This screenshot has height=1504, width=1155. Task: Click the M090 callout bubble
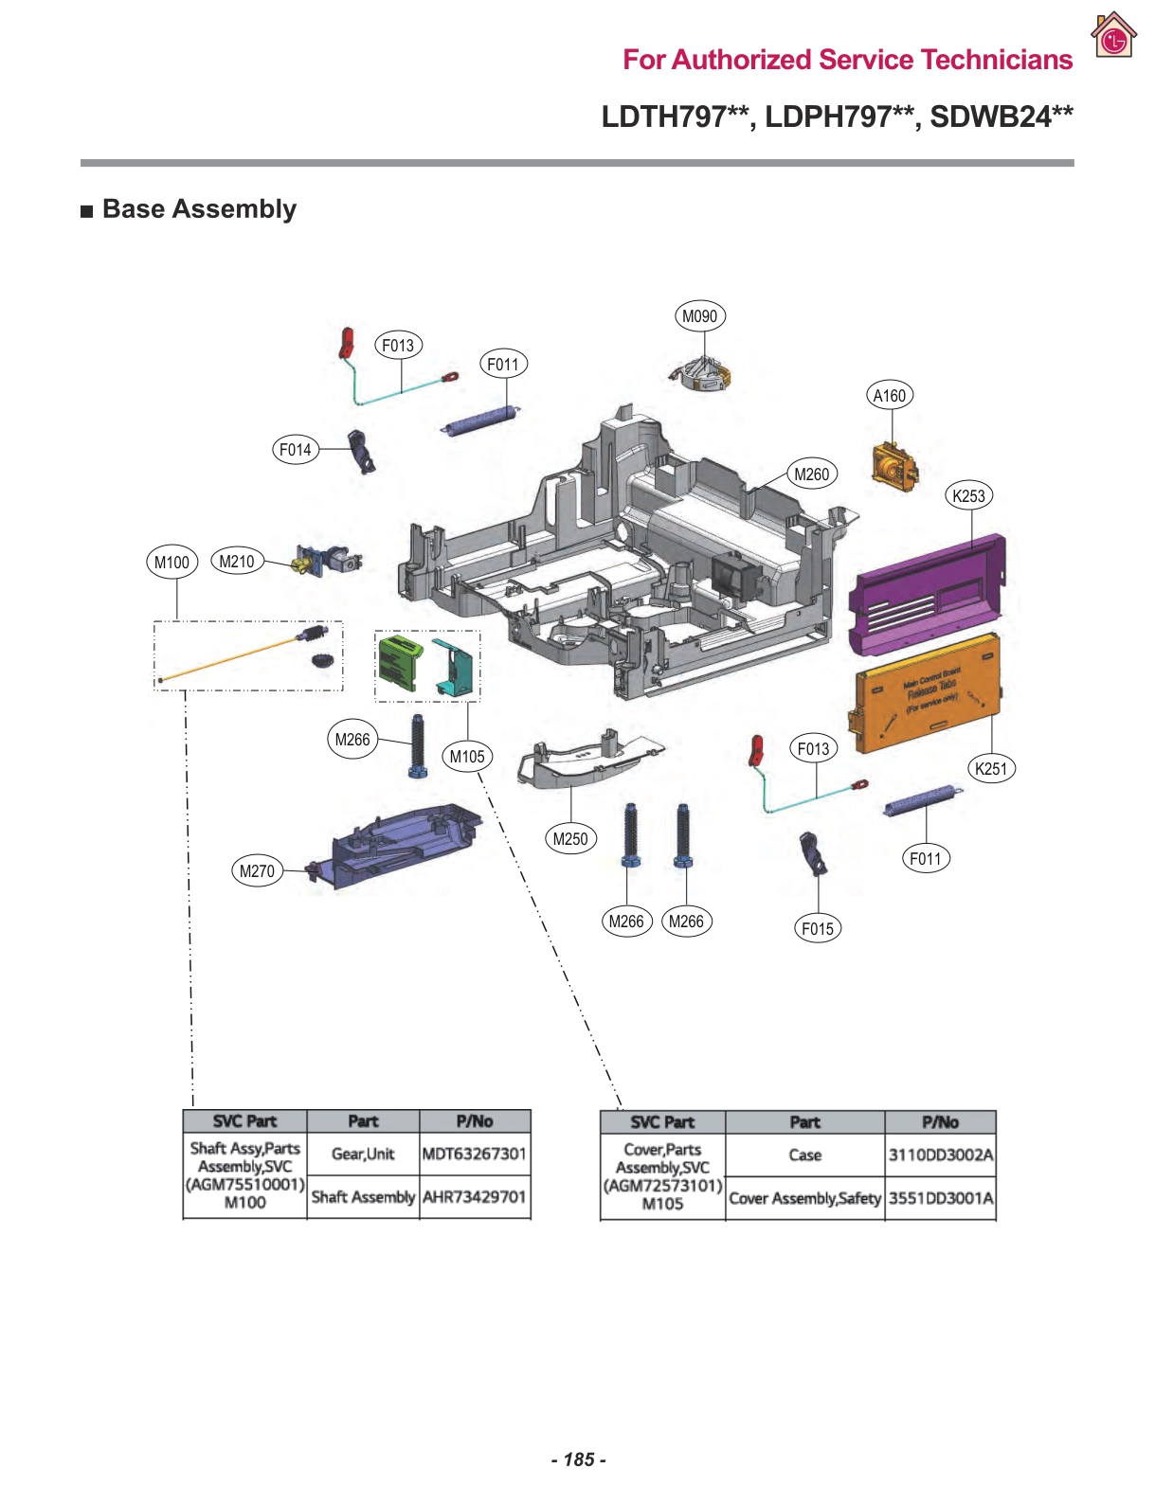click(x=699, y=316)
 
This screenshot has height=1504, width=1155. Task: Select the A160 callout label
click(x=889, y=396)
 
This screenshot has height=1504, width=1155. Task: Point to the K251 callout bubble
click(x=990, y=768)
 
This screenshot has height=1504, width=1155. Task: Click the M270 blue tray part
click(x=398, y=843)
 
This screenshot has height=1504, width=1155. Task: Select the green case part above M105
click(x=400, y=661)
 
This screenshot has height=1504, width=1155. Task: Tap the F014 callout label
click(x=295, y=450)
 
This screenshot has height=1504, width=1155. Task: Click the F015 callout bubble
click(x=817, y=928)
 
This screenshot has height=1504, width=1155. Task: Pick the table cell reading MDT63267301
click(x=474, y=1154)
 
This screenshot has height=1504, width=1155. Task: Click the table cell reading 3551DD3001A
click(x=940, y=1198)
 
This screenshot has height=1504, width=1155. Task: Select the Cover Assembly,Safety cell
click(x=804, y=1198)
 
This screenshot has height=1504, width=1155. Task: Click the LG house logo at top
click(x=1112, y=36)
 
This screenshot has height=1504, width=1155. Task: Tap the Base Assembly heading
click(x=199, y=209)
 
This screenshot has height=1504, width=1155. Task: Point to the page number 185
click(x=578, y=1459)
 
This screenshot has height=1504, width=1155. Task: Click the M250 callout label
click(x=569, y=838)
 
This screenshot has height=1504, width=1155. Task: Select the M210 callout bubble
click(x=236, y=562)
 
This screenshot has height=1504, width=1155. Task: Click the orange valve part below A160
click(x=893, y=466)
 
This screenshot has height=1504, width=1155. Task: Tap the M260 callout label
click(x=811, y=474)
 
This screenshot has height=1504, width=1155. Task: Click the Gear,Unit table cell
click(x=363, y=1154)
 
